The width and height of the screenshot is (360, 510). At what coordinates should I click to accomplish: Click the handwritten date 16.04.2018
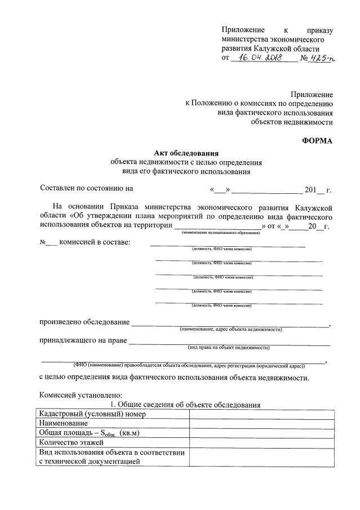click(263, 58)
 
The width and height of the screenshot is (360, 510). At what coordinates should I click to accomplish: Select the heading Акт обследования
click(186, 153)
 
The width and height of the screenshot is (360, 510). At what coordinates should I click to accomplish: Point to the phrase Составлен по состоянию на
click(87, 189)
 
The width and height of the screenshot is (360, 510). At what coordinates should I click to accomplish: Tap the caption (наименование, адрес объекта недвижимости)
click(230, 329)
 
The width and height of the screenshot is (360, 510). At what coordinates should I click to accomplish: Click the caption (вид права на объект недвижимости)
click(229, 348)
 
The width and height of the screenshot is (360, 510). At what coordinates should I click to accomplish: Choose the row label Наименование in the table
click(63, 423)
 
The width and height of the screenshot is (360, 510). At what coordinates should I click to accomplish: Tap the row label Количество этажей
click(71, 442)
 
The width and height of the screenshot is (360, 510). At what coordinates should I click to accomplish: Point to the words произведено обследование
click(83, 322)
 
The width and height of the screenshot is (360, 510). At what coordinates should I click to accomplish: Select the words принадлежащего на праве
click(82, 341)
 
